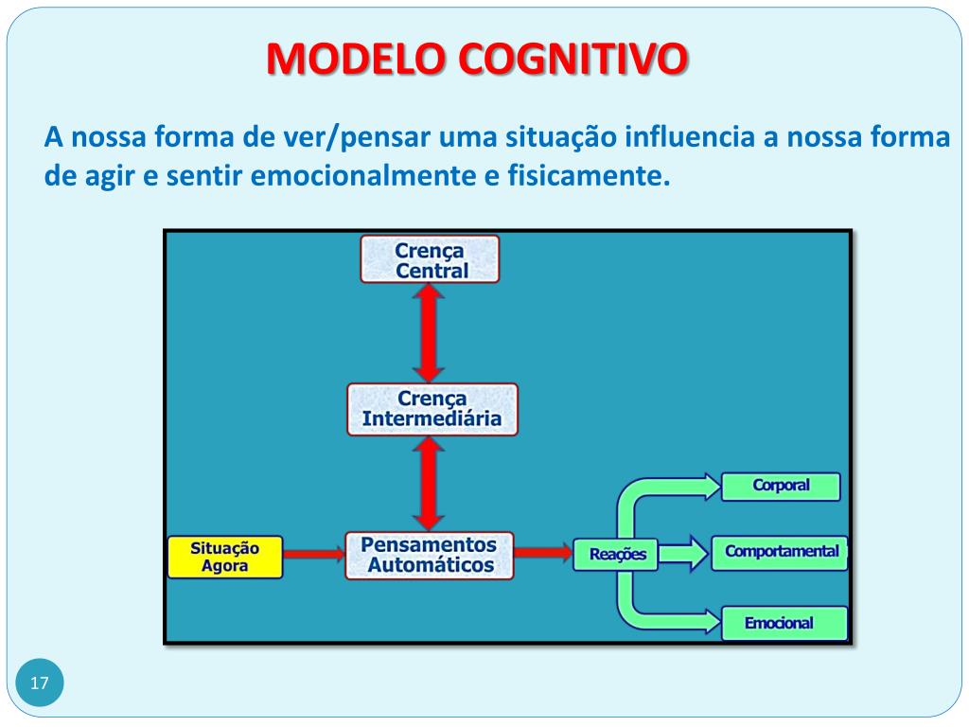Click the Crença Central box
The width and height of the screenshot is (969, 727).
click(430, 258)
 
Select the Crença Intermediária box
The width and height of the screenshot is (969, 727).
click(432, 409)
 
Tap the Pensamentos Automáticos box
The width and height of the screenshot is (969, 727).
click(431, 556)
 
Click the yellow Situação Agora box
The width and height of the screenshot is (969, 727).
click(224, 557)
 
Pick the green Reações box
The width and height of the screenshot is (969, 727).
click(616, 554)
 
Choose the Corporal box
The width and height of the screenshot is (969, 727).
click(781, 486)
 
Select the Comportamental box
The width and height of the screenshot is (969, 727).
click(781, 552)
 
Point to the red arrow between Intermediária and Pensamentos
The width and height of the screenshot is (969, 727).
click(431, 483)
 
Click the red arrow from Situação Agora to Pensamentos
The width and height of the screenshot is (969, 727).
click(314, 555)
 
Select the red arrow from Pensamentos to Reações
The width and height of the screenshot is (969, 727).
click(543, 553)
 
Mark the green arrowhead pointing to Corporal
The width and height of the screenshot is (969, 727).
click(708, 487)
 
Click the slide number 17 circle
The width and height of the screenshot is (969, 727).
click(40, 683)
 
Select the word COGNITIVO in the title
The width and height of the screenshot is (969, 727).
click(573, 60)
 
